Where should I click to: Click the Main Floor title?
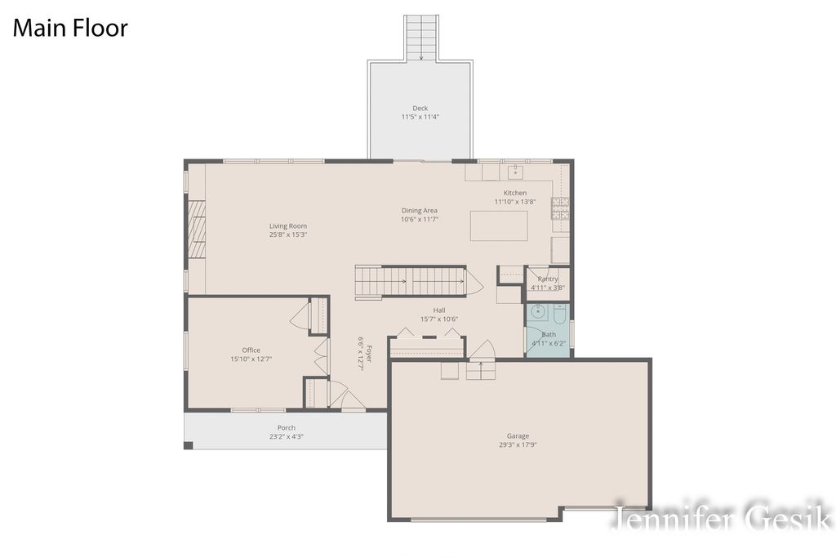coord(69,28)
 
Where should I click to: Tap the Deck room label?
coord(420,108)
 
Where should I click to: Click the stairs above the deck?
coord(421,37)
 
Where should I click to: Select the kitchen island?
coord(498,225)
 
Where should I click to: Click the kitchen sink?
coord(515,172)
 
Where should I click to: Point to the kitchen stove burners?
coord(560,209)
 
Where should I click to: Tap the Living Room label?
coord(288,226)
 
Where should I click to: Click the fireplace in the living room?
coord(195,229)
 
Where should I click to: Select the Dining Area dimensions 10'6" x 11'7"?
coord(420,219)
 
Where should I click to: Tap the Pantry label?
coord(548,279)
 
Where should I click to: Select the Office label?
coord(251,350)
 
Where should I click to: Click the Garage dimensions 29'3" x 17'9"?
coord(518,445)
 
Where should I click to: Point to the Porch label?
coord(287,427)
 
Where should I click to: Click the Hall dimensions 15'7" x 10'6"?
coord(439,319)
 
